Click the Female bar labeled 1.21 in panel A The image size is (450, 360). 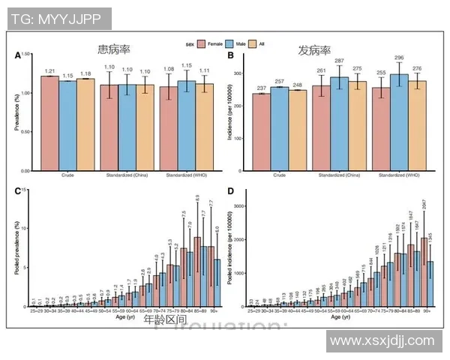pyautogui.click(x=49, y=123)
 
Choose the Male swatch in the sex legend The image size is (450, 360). pyautogui.click(x=232, y=45)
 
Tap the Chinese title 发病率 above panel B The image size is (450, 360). pyautogui.click(x=314, y=51)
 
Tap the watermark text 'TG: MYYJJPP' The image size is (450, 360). pyautogui.click(x=57, y=19)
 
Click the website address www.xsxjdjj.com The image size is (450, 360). pyautogui.click(x=382, y=340)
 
